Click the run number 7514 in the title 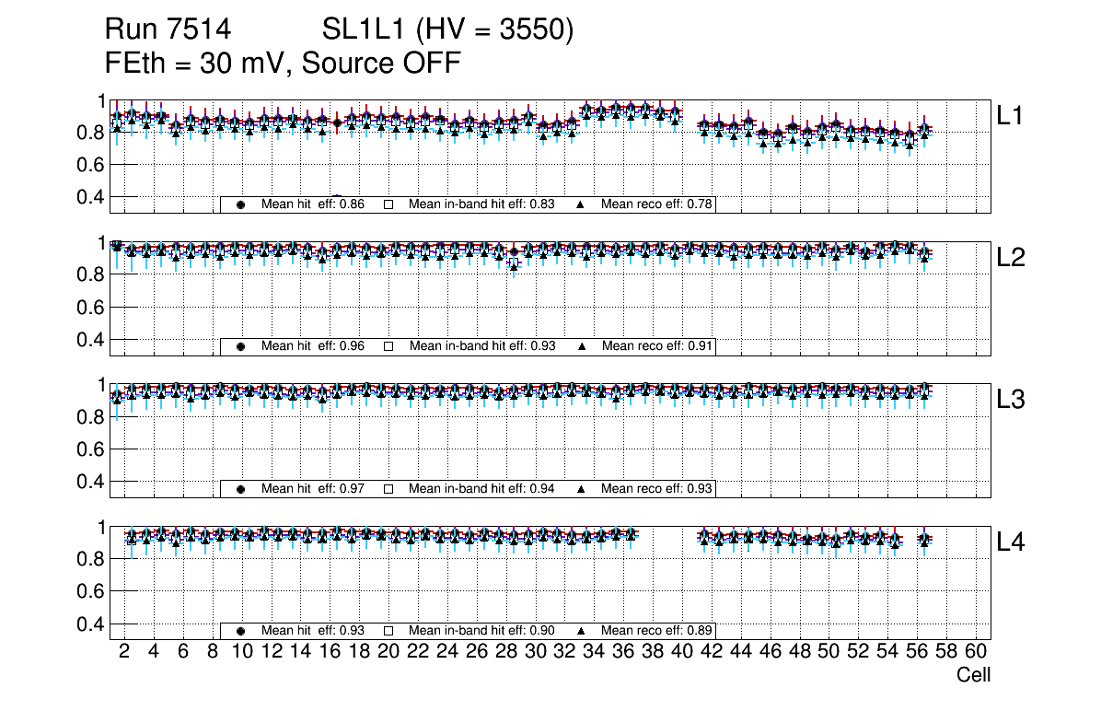196,30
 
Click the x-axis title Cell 973,675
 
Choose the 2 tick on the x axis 124,652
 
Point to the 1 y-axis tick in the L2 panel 102,243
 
